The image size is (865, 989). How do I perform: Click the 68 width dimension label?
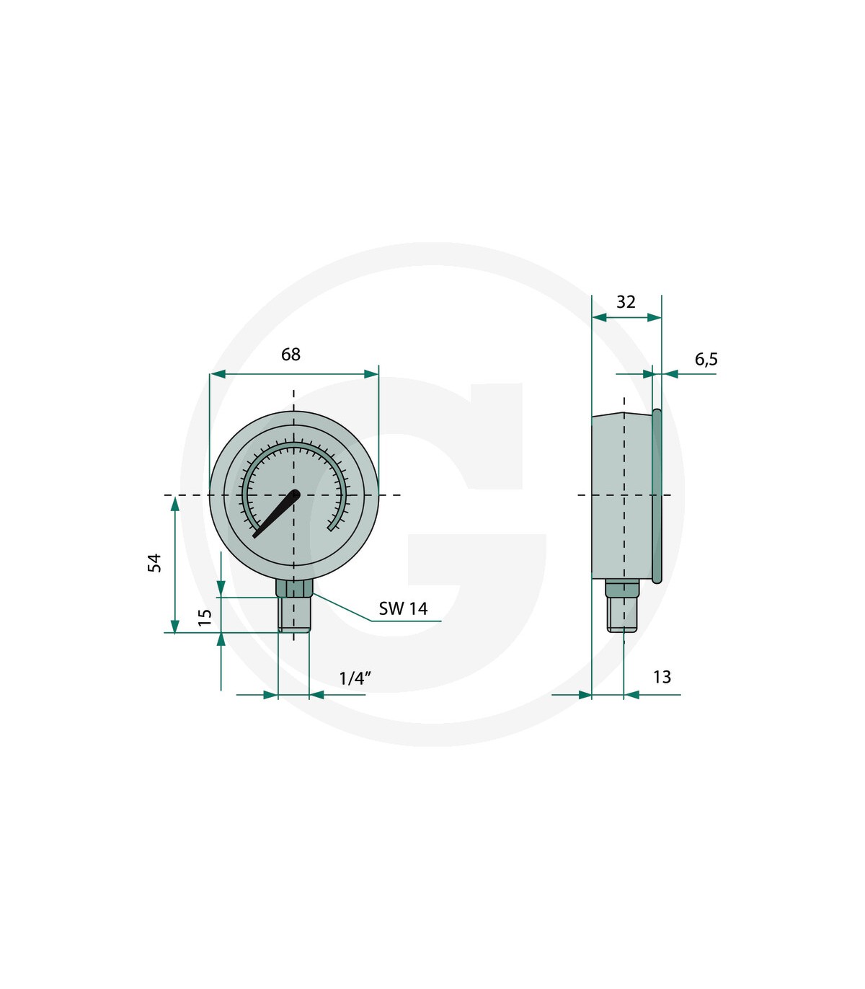[x=290, y=355]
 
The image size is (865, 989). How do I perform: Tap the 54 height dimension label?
[x=154, y=563]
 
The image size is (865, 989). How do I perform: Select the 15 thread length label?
[x=205, y=617]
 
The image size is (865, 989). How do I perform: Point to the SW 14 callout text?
[x=403, y=608]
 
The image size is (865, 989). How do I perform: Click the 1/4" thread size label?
[x=355, y=678]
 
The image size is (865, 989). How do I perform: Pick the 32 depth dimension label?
[x=626, y=302]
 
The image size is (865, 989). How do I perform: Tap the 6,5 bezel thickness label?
[x=706, y=360]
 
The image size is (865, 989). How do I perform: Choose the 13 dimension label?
[x=662, y=677]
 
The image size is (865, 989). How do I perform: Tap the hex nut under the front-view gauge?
[x=294, y=588]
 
